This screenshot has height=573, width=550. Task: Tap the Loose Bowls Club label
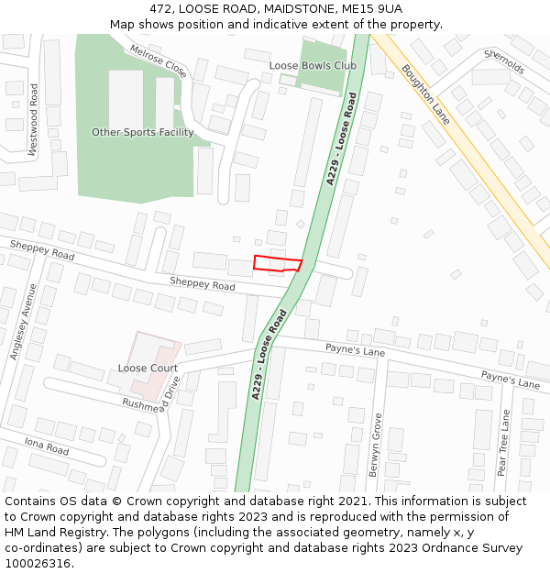pyautogui.click(x=313, y=66)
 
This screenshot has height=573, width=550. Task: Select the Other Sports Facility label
pyautogui.click(x=142, y=133)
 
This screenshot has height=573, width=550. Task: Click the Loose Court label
pyautogui.click(x=148, y=369)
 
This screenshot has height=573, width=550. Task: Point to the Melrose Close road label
pyautogui.click(x=158, y=61)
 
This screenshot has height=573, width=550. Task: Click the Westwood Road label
pyautogui.click(x=34, y=121)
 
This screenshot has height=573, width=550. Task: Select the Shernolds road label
pyautogui.click(x=503, y=62)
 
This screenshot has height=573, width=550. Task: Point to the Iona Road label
pyautogui.click(x=47, y=446)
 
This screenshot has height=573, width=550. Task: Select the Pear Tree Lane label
pyautogui.click(x=503, y=443)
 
